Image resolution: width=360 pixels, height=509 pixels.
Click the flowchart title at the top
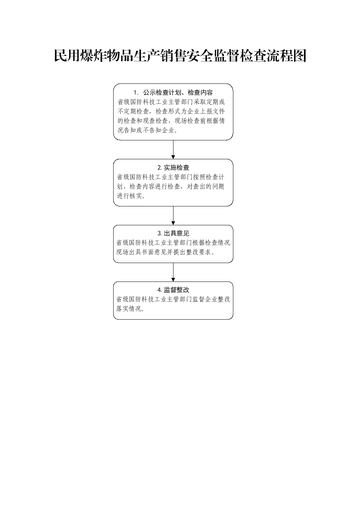(180, 56)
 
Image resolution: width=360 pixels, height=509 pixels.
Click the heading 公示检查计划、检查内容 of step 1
(178, 93)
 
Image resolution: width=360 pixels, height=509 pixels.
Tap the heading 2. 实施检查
(173, 168)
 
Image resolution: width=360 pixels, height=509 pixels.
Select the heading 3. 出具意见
(173, 233)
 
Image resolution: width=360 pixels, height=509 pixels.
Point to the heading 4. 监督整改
(173, 290)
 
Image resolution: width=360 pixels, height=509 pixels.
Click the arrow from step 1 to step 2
(173, 149)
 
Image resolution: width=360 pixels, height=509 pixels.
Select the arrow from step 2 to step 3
(173, 215)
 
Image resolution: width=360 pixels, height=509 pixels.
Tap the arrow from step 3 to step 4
(173, 272)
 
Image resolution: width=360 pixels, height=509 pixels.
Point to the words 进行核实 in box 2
(129, 196)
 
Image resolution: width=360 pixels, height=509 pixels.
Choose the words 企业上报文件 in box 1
(206, 111)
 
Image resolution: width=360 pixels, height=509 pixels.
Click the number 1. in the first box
(136, 93)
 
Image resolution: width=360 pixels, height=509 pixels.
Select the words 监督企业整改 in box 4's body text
(211, 300)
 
